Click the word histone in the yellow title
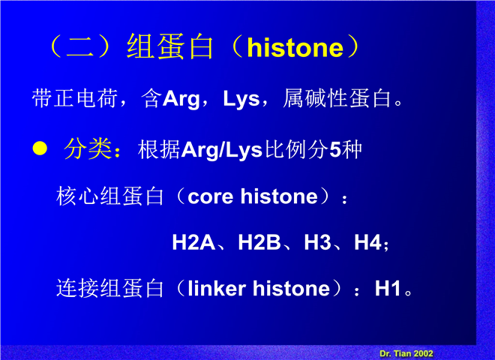(295, 48)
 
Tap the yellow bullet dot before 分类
(40, 148)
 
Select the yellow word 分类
(88, 149)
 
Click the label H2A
(193, 242)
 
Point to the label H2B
(259, 242)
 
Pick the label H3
(317, 242)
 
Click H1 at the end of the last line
(388, 288)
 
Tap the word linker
(217, 289)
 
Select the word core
(210, 197)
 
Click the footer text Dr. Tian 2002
(406, 353)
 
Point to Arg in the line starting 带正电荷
(181, 99)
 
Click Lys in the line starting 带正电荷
(241, 99)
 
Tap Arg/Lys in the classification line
(221, 150)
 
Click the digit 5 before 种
(335, 150)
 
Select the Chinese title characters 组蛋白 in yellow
(169, 47)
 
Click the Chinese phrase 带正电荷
(75, 98)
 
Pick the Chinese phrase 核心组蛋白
(109, 196)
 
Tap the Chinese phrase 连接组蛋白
(109, 288)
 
